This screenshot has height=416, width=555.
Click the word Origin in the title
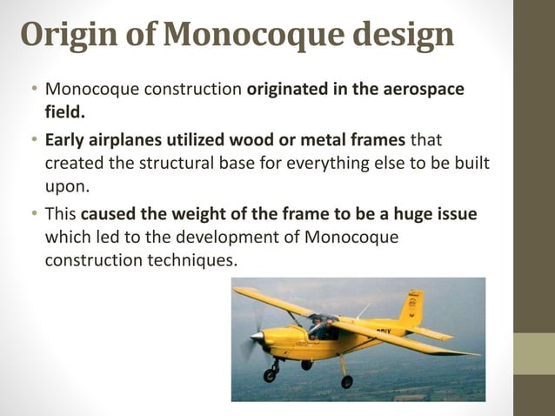pos(64,36)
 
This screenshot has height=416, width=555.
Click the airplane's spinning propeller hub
pos(255,336)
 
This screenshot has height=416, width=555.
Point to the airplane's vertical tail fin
pos(411,306)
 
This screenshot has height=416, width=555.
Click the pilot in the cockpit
pos(321,328)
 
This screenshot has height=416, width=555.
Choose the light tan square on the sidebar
pos(534,353)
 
